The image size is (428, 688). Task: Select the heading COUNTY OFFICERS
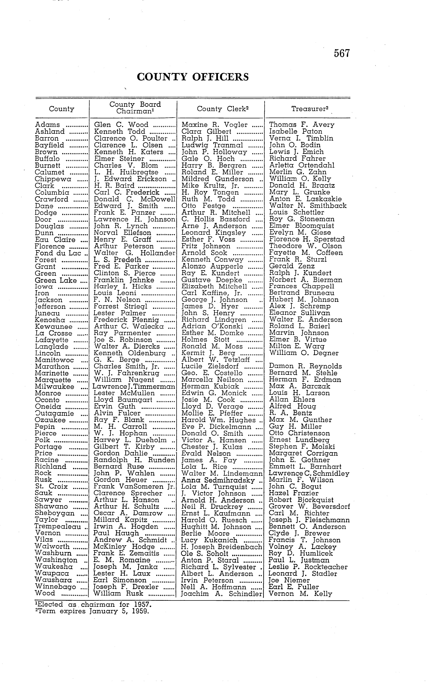pyautogui.click(x=193, y=77)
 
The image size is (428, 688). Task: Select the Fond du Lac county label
pyautogui.click(x=58, y=253)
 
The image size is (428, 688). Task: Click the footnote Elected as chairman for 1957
pyautogui.click(x=93, y=604)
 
